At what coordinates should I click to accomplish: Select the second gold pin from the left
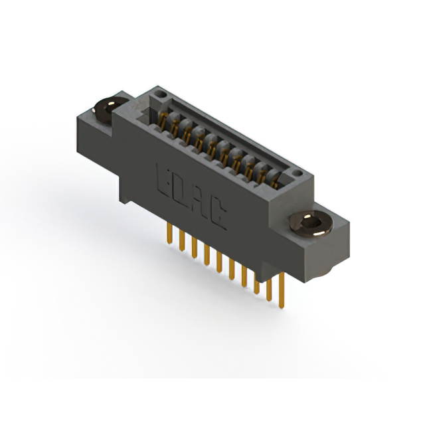coord(181,240)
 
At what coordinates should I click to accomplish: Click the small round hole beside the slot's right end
coord(298,174)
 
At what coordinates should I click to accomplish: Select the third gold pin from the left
coord(194,246)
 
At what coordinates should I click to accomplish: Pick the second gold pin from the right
coord(269,289)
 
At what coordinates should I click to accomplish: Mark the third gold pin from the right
coord(256,282)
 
